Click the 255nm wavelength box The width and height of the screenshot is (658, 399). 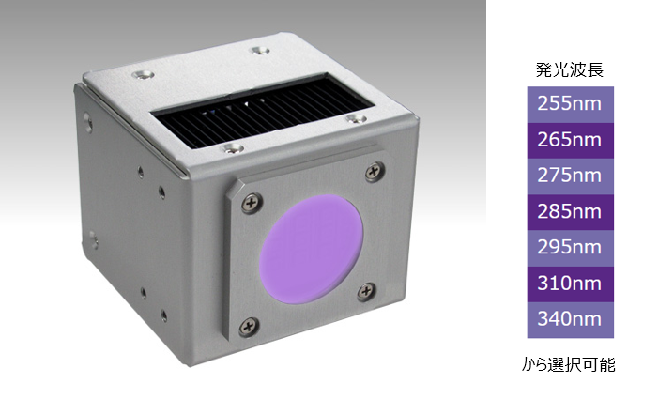click(x=571, y=104)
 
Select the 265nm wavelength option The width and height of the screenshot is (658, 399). click(x=571, y=141)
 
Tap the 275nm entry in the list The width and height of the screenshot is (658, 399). click(x=571, y=176)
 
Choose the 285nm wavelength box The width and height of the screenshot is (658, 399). click(x=571, y=212)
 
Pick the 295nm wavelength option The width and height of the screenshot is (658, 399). click(x=571, y=249)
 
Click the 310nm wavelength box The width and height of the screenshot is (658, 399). click(x=571, y=284)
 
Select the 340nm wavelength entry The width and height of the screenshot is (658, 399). click(x=571, y=320)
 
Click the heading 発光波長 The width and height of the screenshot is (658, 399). click(x=570, y=70)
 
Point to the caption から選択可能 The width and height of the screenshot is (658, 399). click(x=569, y=364)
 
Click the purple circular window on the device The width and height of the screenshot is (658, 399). click(x=311, y=249)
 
